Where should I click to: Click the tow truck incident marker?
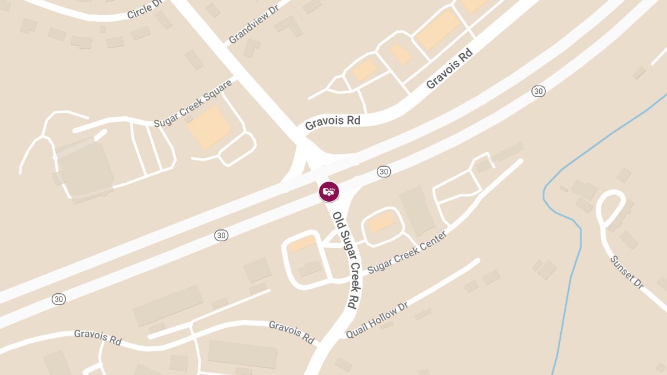329,192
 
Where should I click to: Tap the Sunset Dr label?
626,272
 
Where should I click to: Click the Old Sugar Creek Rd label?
345,259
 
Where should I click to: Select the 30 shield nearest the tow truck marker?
384,172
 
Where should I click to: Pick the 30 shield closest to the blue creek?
537,91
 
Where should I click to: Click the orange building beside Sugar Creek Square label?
209,127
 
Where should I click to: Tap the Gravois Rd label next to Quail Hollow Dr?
292,332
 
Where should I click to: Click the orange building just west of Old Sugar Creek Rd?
302,243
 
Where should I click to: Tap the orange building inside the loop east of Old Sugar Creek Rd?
381,222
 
